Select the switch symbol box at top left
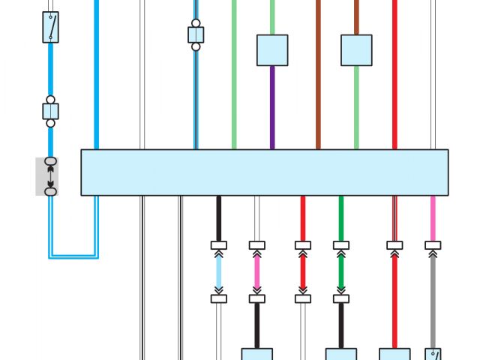click(50, 27)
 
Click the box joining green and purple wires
click(272, 50)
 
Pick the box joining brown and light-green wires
click(356, 50)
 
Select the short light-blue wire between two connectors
click(219, 271)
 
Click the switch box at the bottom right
click(433, 354)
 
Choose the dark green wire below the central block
click(341, 217)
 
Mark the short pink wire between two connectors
click(257, 271)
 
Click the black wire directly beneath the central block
click(219, 217)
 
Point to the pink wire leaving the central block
click(433, 217)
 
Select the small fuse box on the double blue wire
click(196, 34)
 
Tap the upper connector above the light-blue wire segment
click(219, 245)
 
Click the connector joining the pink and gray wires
click(433, 245)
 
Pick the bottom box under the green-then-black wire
click(341, 354)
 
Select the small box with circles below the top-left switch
click(50, 111)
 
